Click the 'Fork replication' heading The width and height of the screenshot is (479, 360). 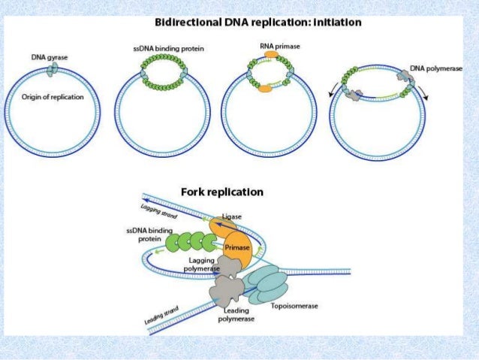click(x=221, y=192)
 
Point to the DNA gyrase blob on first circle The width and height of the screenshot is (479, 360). click(x=51, y=69)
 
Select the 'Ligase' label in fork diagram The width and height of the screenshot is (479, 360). click(x=231, y=216)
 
